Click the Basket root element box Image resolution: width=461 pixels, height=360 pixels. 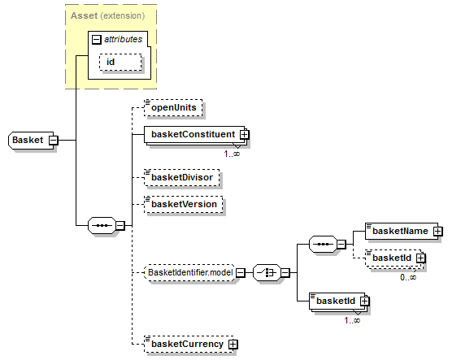coord(31,140)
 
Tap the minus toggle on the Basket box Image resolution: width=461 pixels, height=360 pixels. coord(53,140)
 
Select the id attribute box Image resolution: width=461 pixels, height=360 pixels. coord(120,62)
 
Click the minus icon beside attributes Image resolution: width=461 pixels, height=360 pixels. coord(97,39)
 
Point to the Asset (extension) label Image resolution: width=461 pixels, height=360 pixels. coord(108,15)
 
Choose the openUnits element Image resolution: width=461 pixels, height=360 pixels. coord(173,107)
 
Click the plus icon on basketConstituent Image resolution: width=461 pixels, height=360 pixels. coord(244,135)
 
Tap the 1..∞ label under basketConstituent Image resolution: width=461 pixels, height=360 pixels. coord(232,154)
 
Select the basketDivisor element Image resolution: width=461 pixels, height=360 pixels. coord(181,177)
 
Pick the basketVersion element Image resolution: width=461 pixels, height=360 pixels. coord(184,204)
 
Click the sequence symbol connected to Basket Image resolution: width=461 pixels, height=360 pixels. coord(102,226)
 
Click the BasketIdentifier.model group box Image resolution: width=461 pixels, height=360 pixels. coord(190,273)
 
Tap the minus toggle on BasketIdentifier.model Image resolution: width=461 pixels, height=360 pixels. coord(241,273)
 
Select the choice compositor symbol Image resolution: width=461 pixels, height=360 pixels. coord(267,273)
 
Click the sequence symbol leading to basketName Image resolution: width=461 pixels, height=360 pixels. coord(323,244)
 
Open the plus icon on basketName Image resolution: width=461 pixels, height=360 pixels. coord(437,232)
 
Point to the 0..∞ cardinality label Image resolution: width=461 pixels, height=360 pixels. coord(408,277)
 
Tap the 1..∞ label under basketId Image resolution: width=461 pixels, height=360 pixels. coord(352,320)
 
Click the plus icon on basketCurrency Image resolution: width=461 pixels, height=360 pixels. coord(233,344)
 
